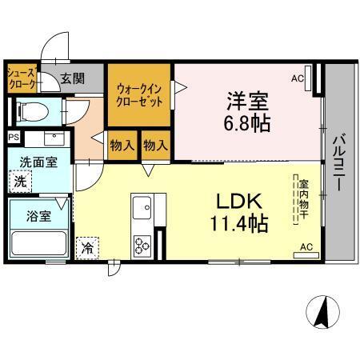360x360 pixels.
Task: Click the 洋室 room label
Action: [x=247, y=102]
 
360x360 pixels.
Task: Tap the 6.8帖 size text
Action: [x=247, y=123]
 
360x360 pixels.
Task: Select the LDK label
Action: [x=239, y=202]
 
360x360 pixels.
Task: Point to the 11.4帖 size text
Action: [x=239, y=223]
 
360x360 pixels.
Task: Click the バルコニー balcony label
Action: [x=339, y=162]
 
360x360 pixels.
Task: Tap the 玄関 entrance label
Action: [x=72, y=78]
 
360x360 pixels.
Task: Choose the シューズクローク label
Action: [x=22, y=78]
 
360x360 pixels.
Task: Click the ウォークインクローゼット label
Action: [x=139, y=95]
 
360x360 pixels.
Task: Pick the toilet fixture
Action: [x=33, y=112]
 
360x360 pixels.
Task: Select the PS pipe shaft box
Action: [x=14, y=137]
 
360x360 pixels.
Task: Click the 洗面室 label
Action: [x=38, y=162]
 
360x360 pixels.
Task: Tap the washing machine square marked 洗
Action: [x=20, y=182]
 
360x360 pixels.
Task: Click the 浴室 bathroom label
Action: [x=39, y=216]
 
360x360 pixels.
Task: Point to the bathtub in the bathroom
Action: [x=39, y=244]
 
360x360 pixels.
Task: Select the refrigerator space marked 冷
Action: [x=87, y=248]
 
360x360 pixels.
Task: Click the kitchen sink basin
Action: [x=142, y=208]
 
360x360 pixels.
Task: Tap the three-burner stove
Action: [x=142, y=246]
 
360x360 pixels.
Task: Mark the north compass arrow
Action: [x=322, y=312]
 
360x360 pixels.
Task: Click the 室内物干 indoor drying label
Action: [x=304, y=199]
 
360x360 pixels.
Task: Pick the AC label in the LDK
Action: [x=306, y=247]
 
